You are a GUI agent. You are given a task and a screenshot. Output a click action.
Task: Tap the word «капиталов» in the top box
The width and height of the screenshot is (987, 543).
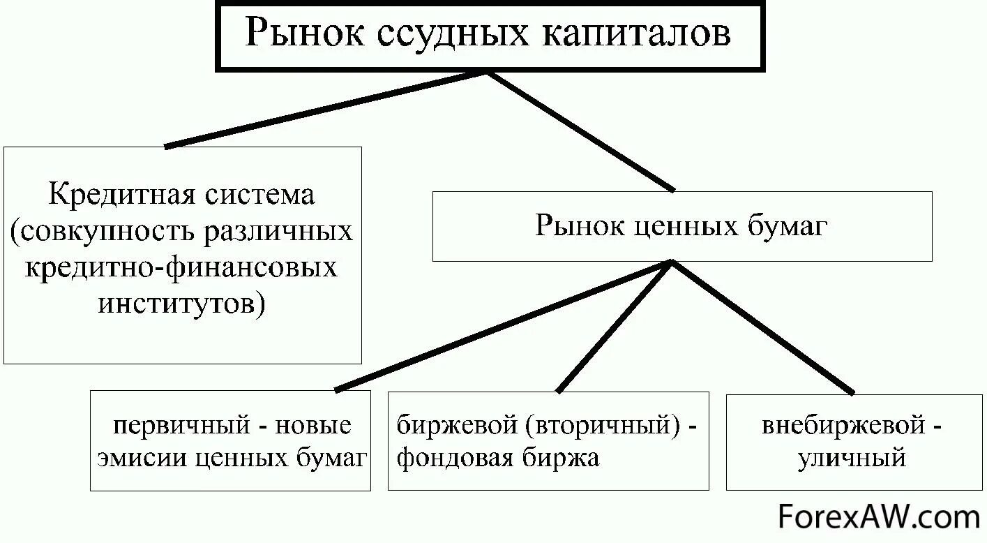pyautogui.click(x=637, y=34)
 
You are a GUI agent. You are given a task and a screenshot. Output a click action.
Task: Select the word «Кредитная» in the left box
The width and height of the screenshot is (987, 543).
pyautogui.click(x=119, y=194)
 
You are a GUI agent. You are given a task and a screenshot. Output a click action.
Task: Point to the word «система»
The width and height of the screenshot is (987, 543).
pyautogui.click(x=259, y=194)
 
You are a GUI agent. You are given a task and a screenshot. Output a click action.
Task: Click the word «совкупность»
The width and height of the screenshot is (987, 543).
pyautogui.click(x=104, y=231)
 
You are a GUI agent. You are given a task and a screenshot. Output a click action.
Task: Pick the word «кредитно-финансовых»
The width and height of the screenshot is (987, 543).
pyautogui.click(x=181, y=268)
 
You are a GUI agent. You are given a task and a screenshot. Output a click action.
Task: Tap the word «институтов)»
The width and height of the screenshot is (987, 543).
pyautogui.click(x=182, y=305)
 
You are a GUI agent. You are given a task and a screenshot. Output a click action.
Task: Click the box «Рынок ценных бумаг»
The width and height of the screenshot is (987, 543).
pyautogui.click(x=681, y=226)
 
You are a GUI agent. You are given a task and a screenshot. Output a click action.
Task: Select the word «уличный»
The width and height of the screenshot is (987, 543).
pyautogui.click(x=852, y=459)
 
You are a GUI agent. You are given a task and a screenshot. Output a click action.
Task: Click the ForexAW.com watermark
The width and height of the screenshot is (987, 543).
pyautogui.click(x=878, y=517)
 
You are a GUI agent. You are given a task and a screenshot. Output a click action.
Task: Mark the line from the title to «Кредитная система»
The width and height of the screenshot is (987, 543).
pyautogui.click(x=326, y=109)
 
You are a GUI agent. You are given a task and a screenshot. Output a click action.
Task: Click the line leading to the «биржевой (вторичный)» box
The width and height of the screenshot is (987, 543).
pyautogui.click(x=615, y=327)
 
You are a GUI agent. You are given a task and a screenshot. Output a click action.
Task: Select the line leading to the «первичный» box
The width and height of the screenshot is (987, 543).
pyautogui.click(x=502, y=327)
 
